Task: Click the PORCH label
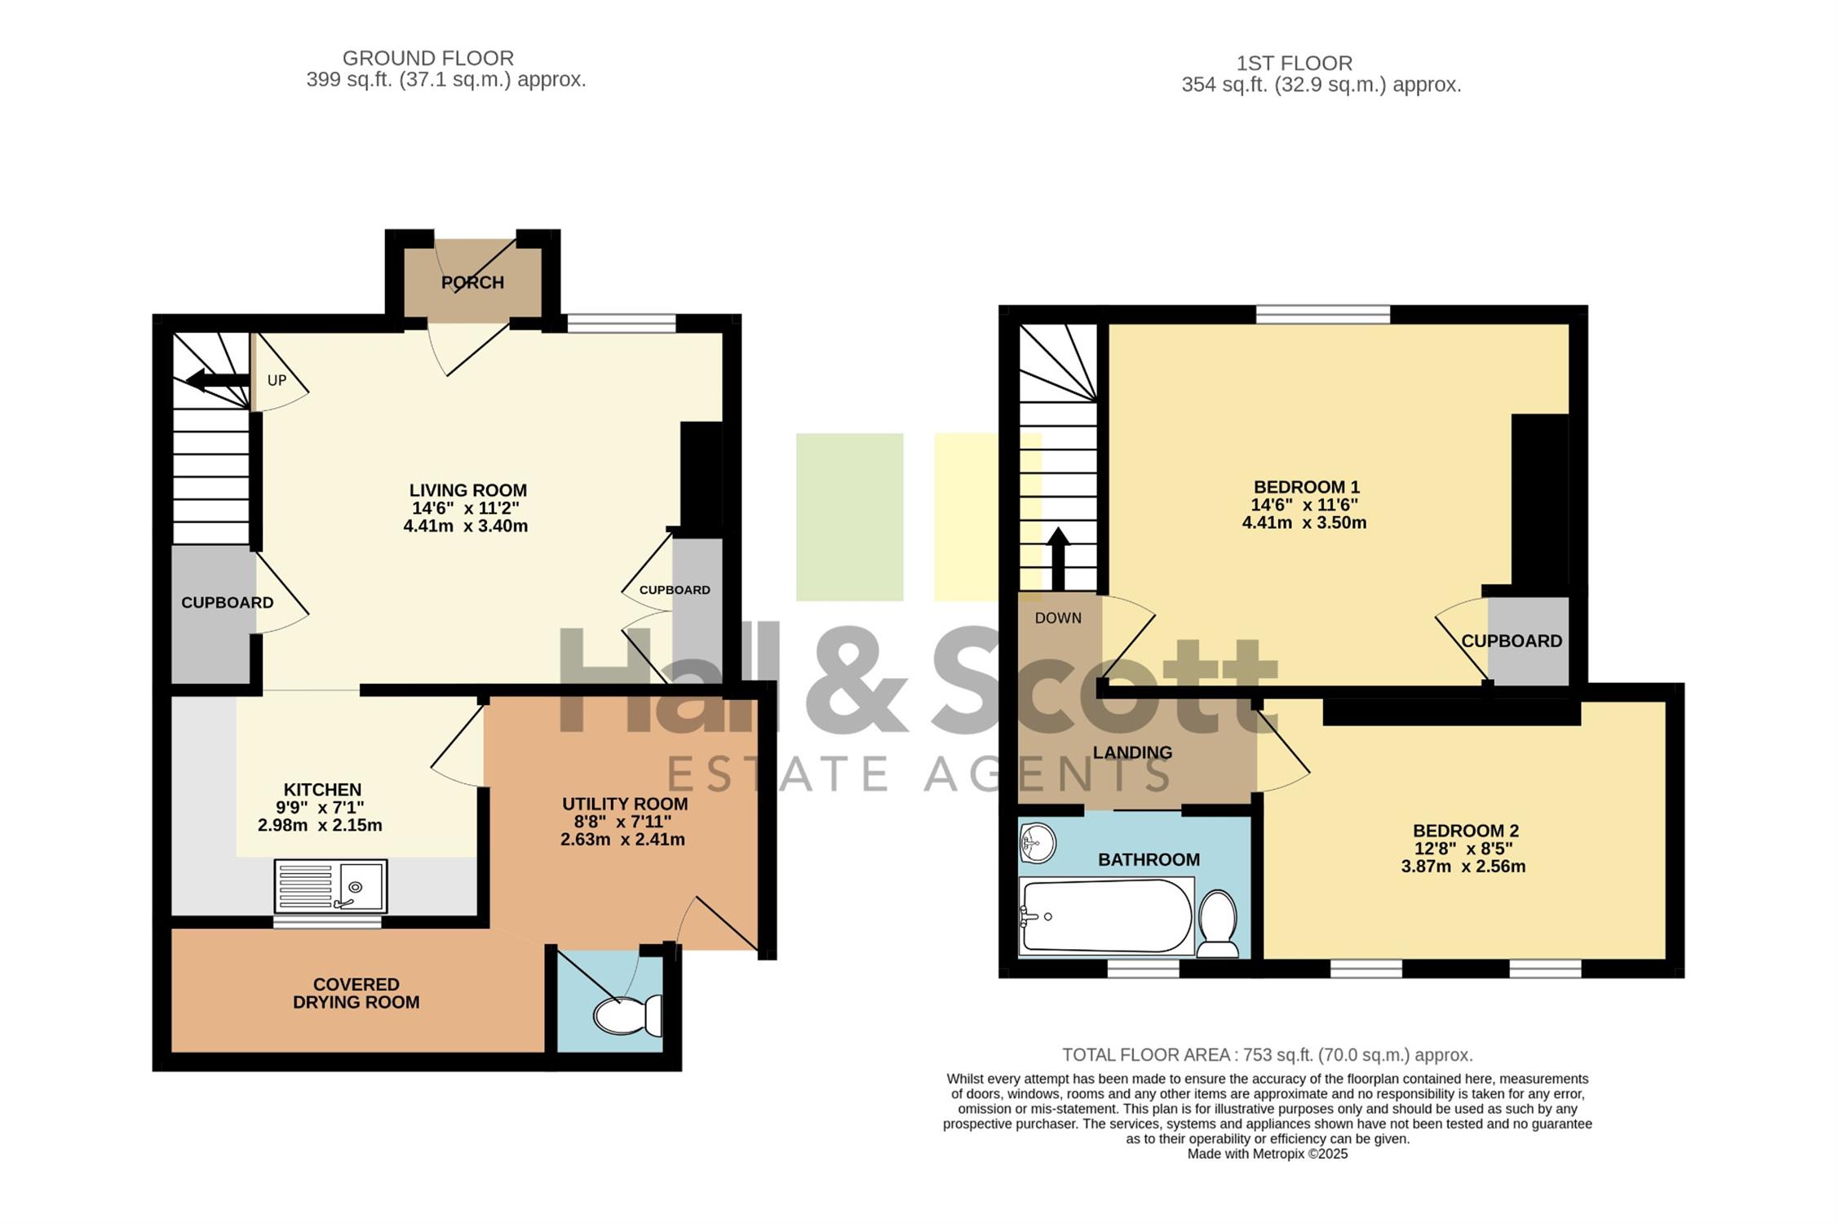coord(472,282)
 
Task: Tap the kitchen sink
coord(330,885)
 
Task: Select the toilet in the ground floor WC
coord(627,1015)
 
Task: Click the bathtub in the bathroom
coord(1107,916)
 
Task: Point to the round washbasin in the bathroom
coord(1038,842)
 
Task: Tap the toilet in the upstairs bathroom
coord(1218,923)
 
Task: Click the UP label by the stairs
coord(277,380)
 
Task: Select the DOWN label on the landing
coord(1058,618)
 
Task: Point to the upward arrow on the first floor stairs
coord(1058,558)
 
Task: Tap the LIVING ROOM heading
coord(468,490)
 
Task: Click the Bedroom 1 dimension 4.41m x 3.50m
coord(1304,522)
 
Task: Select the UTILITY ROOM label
coord(625,804)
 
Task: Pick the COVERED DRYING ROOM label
coord(356,993)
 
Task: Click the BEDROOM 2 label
coord(1466,831)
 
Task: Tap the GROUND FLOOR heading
coord(428,58)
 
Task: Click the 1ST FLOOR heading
coord(1295,63)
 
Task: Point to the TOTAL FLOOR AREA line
coord(1268,1055)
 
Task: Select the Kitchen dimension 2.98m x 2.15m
coord(320,825)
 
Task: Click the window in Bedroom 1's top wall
coord(1323,314)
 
